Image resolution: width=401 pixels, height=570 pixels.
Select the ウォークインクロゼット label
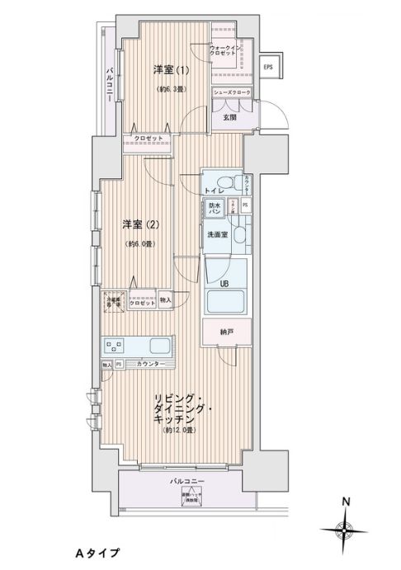tap(225, 50)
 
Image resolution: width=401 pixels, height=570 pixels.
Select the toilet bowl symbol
tap(237, 181)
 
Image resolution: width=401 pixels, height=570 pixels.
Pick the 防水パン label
tap(214, 210)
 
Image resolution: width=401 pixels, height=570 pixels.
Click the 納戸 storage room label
tap(224, 332)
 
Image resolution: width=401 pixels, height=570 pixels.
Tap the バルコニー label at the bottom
tap(187, 480)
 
